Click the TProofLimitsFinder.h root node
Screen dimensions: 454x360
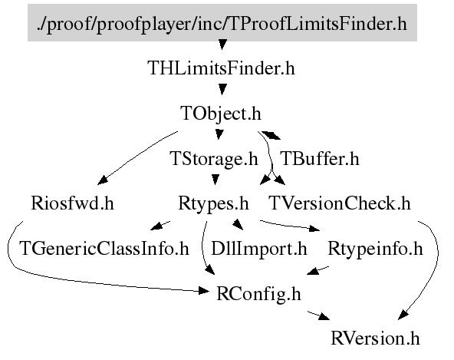(x=222, y=22)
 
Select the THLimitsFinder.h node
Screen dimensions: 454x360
(x=221, y=68)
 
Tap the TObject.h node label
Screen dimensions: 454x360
(x=221, y=114)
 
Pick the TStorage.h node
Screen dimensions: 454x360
(x=214, y=159)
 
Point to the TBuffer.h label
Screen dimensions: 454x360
(x=320, y=159)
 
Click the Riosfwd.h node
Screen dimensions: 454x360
(x=72, y=203)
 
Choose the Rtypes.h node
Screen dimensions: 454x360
(x=213, y=203)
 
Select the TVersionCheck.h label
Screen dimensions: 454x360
(x=340, y=203)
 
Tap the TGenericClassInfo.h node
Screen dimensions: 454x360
(x=104, y=249)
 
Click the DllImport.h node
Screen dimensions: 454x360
(x=259, y=249)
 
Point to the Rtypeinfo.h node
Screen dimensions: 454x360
(x=375, y=249)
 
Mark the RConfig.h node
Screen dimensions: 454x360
(x=258, y=294)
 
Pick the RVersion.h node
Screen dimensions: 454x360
(x=375, y=339)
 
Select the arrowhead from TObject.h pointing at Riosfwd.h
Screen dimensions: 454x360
(x=103, y=180)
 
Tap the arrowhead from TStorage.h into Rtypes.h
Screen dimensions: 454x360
(x=215, y=180)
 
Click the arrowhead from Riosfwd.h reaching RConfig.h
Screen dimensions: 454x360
(x=204, y=290)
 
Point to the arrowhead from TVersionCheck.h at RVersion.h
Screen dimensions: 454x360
(x=403, y=315)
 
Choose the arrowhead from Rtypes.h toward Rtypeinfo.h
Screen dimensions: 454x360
(x=314, y=229)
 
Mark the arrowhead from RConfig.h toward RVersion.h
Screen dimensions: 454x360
(x=324, y=317)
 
